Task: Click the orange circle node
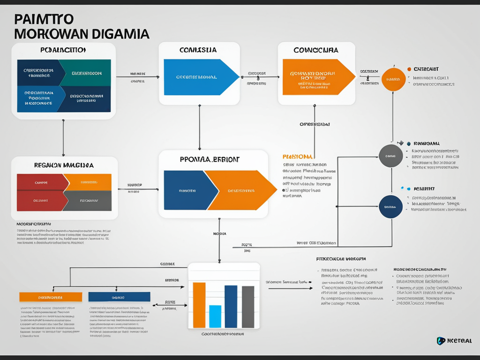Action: pos(393,80)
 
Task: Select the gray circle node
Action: pos(390,156)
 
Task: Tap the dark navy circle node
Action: pos(390,207)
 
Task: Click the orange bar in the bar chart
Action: pos(199,305)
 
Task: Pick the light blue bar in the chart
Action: pos(215,316)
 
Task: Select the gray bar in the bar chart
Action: pos(248,307)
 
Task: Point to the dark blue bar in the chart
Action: pos(231,306)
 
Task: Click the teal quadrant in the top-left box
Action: pos(87,73)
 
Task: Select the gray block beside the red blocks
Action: pos(88,201)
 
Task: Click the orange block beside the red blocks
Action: pos(88,182)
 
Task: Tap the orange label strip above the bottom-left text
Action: pos(51,297)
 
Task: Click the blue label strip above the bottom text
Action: pos(119,297)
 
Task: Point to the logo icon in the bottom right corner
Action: pos(441,341)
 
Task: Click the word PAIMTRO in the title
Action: pos(44,19)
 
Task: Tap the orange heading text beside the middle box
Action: pos(298,156)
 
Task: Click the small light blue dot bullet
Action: pos(402,188)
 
